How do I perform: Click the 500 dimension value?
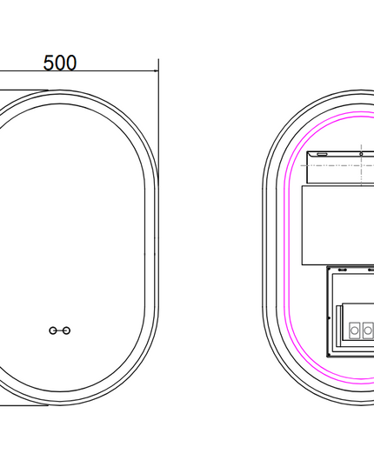pyautogui.click(x=60, y=63)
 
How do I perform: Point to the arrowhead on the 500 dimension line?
pyautogui.click(x=156, y=71)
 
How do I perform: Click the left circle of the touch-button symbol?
pyautogui.click(x=53, y=330)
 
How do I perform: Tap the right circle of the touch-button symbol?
pyautogui.click(x=67, y=330)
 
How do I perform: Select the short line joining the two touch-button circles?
pyautogui.click(x=59, y=330)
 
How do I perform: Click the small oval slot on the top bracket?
pyautogui.click(x=322, y=154)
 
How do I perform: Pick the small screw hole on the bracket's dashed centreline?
pyautogui.click(x=361, y=154)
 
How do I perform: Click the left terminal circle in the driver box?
pyautogui.click(x=355, y=330)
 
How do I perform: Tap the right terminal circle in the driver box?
pyautogui.click(x=368, y=330)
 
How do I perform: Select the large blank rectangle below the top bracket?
pyautogui.click(x=338, y=225)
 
